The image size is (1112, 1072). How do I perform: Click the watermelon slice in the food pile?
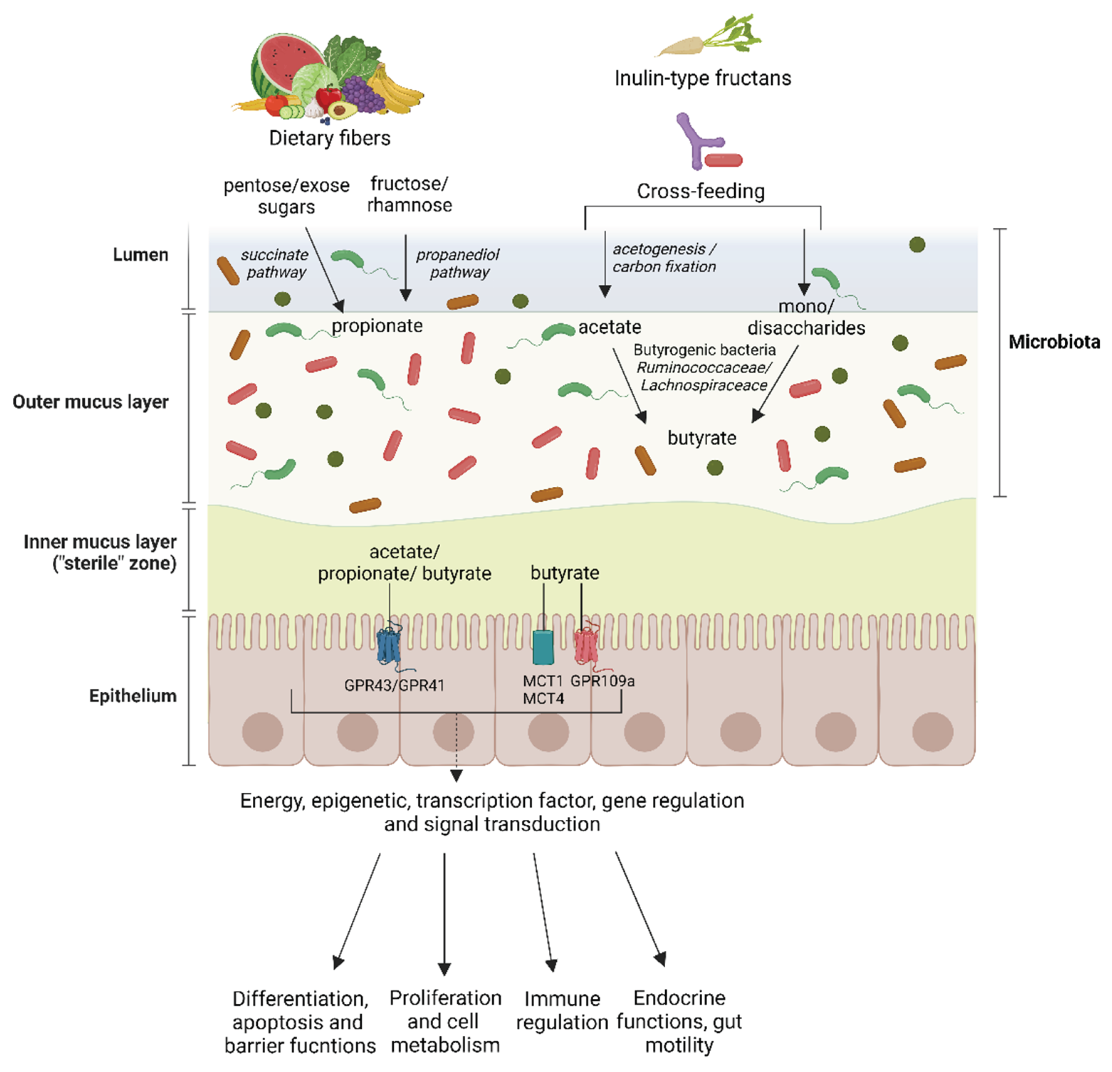[x=281, y=62]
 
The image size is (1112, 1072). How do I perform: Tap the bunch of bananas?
[x=397, y=91]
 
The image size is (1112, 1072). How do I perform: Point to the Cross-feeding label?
[x=701, y=191]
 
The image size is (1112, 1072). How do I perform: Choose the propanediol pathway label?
[x=458, y=263]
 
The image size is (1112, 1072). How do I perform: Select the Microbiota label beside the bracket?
[x=1054, y=342]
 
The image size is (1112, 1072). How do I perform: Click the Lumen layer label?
[x=140, y=255]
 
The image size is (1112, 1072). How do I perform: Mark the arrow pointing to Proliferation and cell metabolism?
[x=444, y=913]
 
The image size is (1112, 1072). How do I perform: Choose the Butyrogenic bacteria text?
[x=704, y=350]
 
